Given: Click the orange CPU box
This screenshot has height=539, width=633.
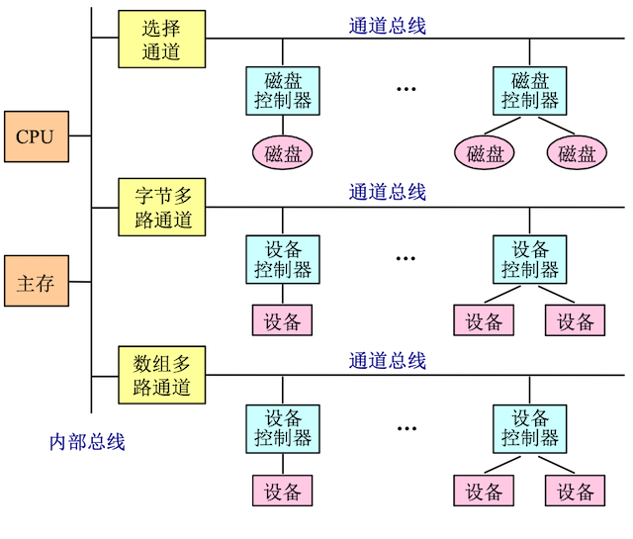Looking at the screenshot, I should [x=36, y=137].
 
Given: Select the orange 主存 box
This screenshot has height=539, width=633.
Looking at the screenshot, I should [x=36, y=284].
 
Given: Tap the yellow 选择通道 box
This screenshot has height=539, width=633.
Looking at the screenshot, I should [x=162, y=41].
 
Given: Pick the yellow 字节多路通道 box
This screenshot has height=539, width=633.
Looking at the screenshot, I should [x=162, y=208].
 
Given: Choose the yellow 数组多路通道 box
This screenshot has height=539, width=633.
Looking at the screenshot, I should [x=162, y=375].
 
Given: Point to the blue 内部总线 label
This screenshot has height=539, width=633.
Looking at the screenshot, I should [x=88, y=442].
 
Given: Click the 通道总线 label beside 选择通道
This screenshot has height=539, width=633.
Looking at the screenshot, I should [x=388, y=26].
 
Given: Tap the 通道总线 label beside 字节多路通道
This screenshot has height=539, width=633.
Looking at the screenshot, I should [x=388, y=192].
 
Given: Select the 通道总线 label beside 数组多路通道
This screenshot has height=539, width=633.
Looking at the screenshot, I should [x=388, y=361].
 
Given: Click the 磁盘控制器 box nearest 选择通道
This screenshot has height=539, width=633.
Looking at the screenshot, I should [x=282, y=90].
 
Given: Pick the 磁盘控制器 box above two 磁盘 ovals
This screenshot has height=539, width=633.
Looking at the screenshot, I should [x=529, y=90].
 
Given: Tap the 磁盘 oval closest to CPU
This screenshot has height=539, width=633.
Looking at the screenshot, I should [x=282, y=152].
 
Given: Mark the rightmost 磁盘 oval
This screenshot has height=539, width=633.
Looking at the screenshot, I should [x=577, y=152].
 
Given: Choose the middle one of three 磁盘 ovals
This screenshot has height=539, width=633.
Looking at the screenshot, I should [x=485, y=152].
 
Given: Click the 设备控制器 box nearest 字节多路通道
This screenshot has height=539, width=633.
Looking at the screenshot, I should [x=282, y=259].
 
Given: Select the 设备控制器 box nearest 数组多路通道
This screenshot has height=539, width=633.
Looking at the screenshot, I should [x=282, y=427].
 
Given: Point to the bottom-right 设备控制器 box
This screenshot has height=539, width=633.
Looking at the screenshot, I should [x=529, y=427].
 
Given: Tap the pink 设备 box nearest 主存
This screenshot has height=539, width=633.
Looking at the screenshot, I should [x=282, y=320].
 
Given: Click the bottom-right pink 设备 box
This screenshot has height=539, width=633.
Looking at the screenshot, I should [x=575, y=490].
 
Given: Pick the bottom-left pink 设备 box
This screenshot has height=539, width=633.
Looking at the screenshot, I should [x=282, y=490].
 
